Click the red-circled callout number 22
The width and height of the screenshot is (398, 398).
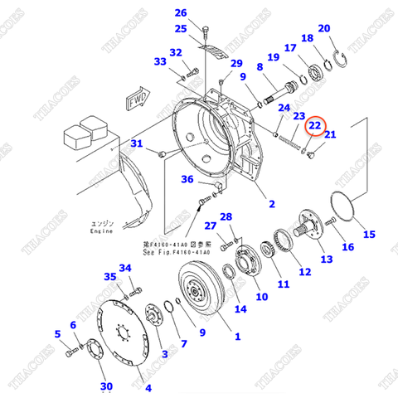(316, 125)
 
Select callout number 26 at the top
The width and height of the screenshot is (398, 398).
(181, 12)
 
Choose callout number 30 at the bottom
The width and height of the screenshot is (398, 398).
(106, 386)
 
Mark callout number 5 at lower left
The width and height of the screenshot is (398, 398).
(58, 334)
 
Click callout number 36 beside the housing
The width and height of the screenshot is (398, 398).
(188, 180)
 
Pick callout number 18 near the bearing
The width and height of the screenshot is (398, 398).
(307, 39)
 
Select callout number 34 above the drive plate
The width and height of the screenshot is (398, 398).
(125, 268)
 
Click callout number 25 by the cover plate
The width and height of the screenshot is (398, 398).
(181, 29)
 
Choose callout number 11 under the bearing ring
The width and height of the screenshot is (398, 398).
(284, 284)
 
